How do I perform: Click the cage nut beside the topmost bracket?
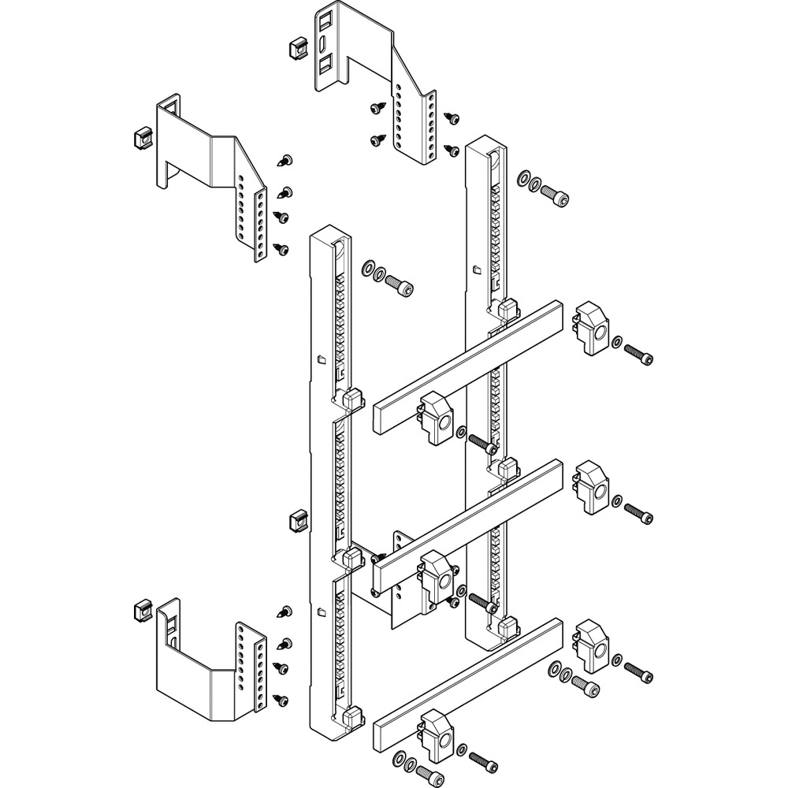point(297,49)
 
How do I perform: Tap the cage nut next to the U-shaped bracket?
point(139,611)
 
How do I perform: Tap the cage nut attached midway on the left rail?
point(298,520)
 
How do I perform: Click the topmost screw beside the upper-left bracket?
point(287,162)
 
